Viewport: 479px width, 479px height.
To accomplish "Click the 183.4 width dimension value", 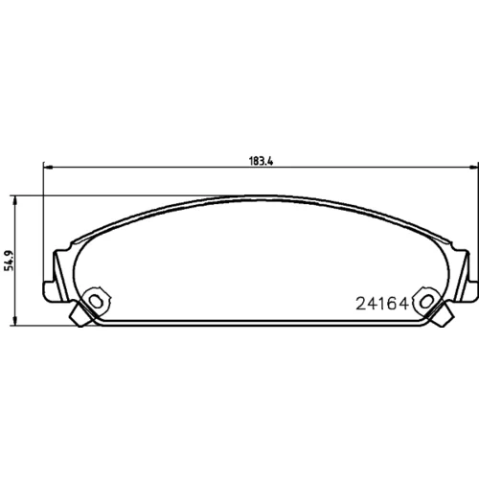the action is [x=261, y=161].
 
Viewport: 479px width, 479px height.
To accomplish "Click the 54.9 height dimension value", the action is [x=10, y=262].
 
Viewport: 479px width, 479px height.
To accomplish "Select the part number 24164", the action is [x=382, y=304].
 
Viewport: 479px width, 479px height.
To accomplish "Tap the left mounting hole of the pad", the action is [x=96, y=301].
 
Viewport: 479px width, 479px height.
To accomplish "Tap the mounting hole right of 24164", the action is [x=426, y=301].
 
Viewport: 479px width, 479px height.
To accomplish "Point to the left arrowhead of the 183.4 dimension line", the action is [x=47, y=167].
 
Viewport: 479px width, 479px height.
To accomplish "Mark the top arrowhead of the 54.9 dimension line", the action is [x=14, y=200].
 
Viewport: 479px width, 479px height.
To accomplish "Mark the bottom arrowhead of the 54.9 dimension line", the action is [x=14, y=321].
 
